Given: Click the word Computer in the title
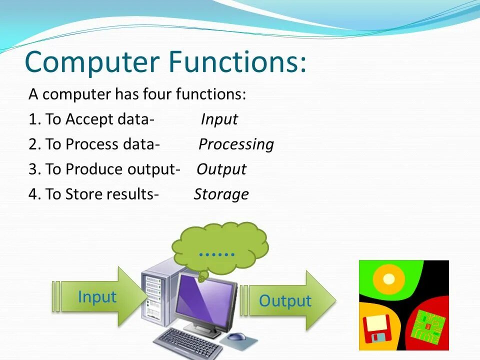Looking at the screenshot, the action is click(92, 62).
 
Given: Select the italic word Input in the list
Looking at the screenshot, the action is click(219, 119).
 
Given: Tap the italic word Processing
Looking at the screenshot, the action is click(236, 144).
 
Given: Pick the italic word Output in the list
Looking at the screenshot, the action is click(221, 169).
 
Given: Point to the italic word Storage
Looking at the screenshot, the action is click(221, 194).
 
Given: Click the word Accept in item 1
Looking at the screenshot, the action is click(85, 119).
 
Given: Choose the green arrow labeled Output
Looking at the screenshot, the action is click(288, 300).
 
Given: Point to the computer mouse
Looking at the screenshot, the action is click(236, 336).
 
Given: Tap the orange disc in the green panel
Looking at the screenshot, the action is click(389, 279).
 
